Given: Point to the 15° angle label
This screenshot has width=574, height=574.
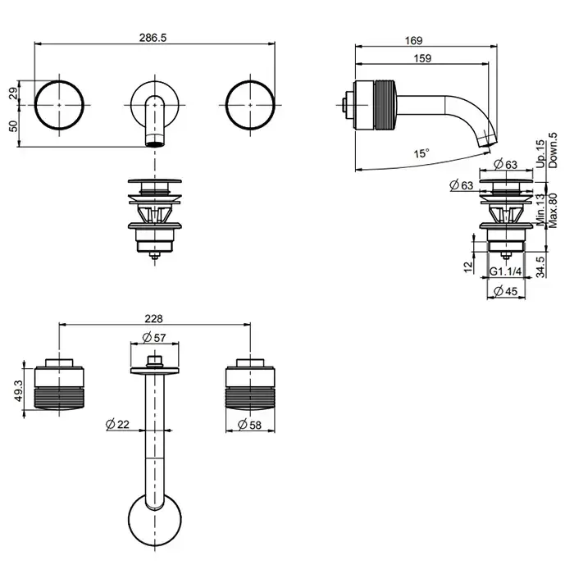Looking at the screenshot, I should [x=421, y=153].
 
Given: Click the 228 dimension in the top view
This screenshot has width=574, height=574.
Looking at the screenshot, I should [x=153, y=318].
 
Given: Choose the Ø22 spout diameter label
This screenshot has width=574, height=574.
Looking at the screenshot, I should [x=117, y=424].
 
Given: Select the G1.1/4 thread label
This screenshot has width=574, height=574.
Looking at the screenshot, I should [x=506, y=271].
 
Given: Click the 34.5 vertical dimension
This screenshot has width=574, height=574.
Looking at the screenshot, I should [x=540, y=266].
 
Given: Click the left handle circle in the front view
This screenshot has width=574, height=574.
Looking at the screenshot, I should [x=60, y=103].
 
